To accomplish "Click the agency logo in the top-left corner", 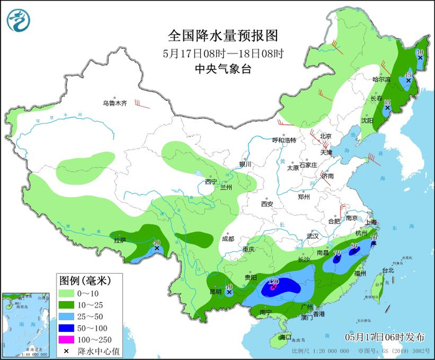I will click(x=19, y=19).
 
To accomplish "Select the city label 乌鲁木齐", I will click(x=114, y=103).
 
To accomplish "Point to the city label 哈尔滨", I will click(x=381, y=80).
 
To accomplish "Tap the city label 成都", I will click(x=227, y=239).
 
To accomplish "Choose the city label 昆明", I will click(x=214, y=292).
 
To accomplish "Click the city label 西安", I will click(x=267, y=204).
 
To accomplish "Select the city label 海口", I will click(x=285, y=336).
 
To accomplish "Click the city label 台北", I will click(x=388, y=270).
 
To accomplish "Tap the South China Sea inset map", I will click(x=25, y=324).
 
